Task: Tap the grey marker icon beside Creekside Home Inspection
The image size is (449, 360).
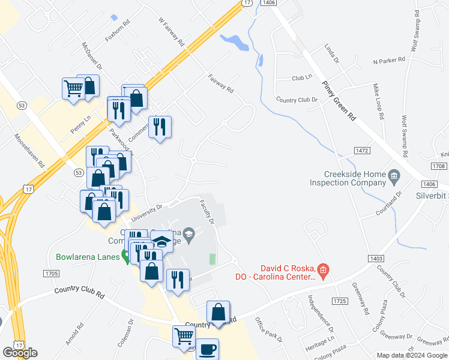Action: click(x=394, y=175)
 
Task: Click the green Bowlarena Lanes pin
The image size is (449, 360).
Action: click(x=126, y=257)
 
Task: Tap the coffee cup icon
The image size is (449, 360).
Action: click(x=207, y=349)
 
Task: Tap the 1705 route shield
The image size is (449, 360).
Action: click(x=51, y=274)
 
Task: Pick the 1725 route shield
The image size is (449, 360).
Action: click(x=339, y=300)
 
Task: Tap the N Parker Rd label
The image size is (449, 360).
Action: click(x=389, y=61)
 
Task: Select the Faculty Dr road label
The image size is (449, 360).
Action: click(x=207, y=212)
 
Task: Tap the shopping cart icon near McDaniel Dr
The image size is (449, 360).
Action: click(x=73, y=88)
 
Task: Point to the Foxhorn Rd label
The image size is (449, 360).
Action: click(x=117, y=32)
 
